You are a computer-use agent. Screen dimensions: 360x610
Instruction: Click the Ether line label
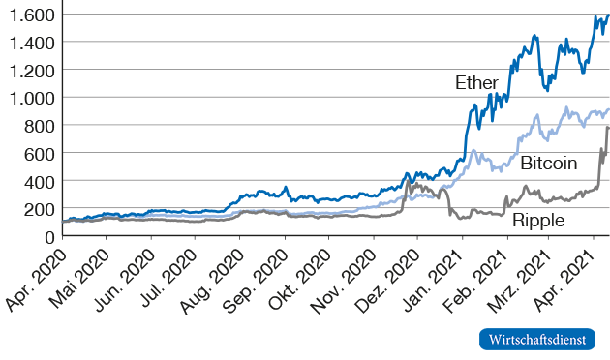pyautogui.click(x=477, y=82)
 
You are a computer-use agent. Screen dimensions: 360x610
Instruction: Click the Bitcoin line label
pyautogui.click(x=549, y=163)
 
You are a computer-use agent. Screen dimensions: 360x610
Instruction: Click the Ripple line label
pyautogui.click(x=538, y=220)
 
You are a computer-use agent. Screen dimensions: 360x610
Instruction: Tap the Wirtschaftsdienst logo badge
pyautogui.click(x=537, y=339)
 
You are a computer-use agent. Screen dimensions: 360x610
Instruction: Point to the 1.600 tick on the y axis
pyautogui.click(x=29, y=15)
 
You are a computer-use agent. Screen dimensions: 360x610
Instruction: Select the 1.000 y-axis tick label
pyautogui.click(x=29, y=98)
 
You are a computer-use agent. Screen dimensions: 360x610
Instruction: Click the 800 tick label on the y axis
pyautogui.click(x=37, y=126)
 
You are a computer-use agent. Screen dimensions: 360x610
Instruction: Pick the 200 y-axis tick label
pyautogui.click(x=37, y=209)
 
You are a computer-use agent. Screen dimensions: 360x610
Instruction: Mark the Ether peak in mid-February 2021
pyautogui.click(x=535, y=36)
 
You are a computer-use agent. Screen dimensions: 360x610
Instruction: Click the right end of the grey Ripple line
pyautogui.click(x=608, y=128)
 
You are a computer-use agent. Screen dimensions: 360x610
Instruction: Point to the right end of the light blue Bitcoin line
pyautogui.click(x=608, y=109)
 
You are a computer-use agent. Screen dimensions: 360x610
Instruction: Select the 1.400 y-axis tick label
pyautogui.click(x=29, y=43)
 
